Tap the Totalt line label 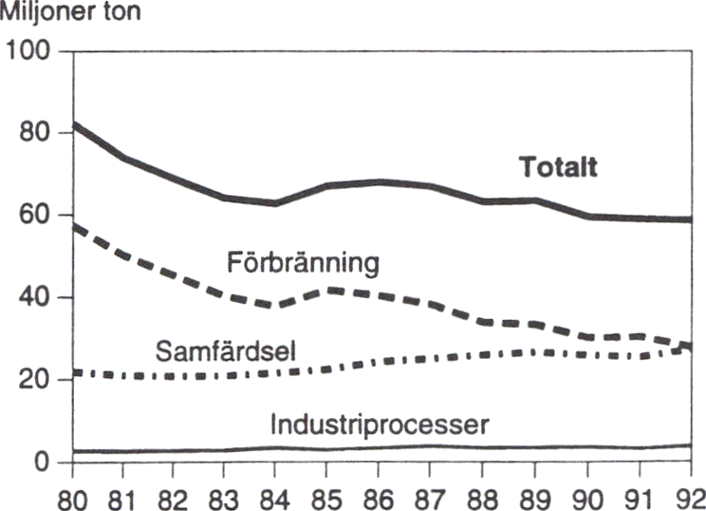[x=558, y=168]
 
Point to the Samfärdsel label [x=227, y=350]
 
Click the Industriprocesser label [x=380, y=425]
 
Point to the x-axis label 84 [x=275, y=495]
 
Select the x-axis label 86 [x=379, y=495]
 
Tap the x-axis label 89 [x=535, y=495]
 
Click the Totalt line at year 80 [x=73, y=123]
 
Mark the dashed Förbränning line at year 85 [x=327, y=289]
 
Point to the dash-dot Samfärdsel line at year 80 [x=73, y=371]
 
